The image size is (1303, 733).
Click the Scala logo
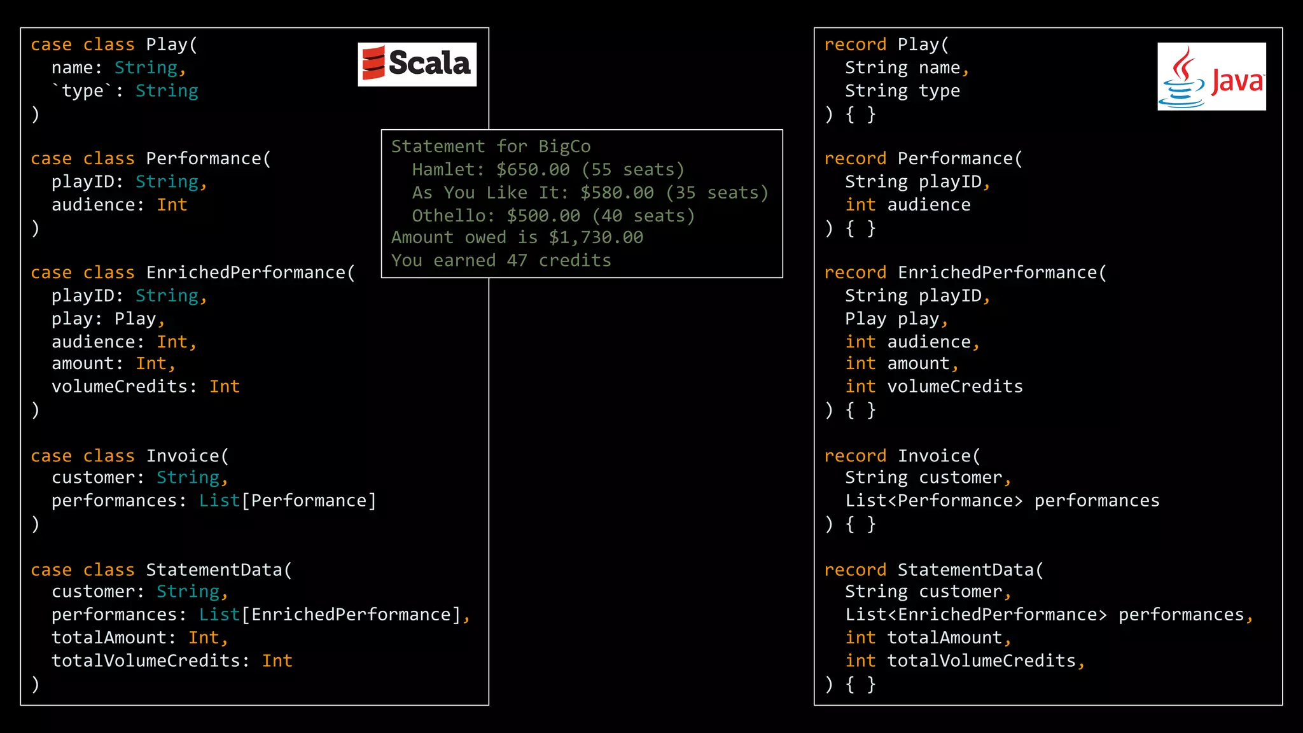click(x=417, y=64)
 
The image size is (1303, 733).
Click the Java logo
click(x=1211, y=77)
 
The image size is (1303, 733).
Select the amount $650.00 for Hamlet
click(x=533, y=170)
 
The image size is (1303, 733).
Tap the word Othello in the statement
click(x=448, y=216)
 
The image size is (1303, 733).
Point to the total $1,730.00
click(x=596, y=237)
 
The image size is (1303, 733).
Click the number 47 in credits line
click(x=517, y=260)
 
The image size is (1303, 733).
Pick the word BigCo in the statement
click(x=564, y=146)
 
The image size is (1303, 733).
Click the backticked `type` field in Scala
click(x=82, y=91)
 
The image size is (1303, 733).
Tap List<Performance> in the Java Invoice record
click(x=933, y=501)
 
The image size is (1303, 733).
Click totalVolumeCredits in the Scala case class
click(x=146, y=661)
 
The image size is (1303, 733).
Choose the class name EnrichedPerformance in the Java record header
click(x=998, y=272)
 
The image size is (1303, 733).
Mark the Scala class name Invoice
click(x=183, y=456)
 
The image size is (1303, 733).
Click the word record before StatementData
click(x=854, y=569)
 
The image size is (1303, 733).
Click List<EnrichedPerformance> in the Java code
click(x=975, y=615)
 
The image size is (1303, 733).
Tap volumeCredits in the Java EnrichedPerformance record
click(x=954, y=386)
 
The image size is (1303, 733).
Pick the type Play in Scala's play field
click(x=135, y=319)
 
